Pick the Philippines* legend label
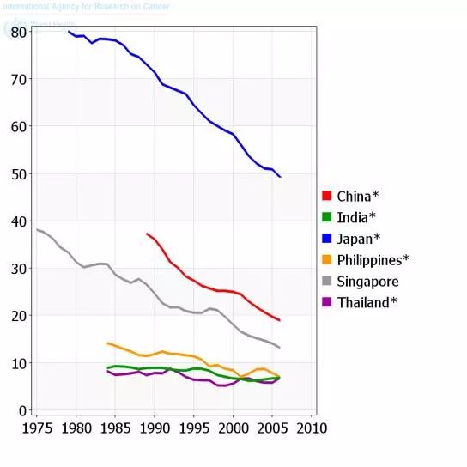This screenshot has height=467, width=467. (373, 260)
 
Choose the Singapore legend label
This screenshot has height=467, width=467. (367, 282)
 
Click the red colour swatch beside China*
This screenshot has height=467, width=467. (326, 196)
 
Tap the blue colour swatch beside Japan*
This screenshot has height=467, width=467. (326, 239)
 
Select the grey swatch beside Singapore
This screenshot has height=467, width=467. (326, 282)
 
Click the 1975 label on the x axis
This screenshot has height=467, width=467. (37, 428)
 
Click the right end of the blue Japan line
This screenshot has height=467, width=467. (280, 176)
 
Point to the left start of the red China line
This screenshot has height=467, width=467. (147, 233)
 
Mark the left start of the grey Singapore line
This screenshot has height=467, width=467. (37, 229)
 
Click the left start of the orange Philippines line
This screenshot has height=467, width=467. (107, 343)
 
